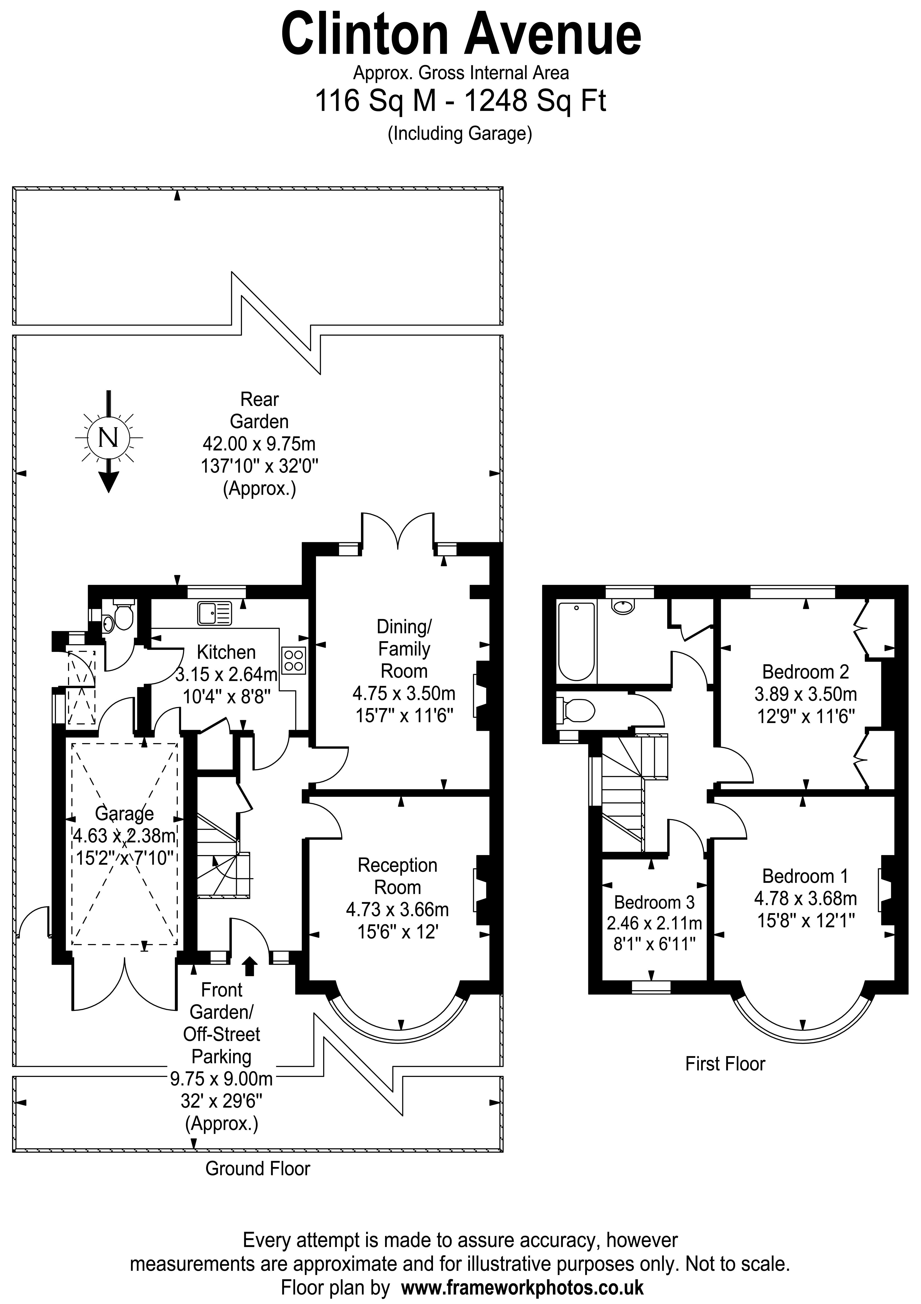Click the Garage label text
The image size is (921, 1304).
tap(124, 813)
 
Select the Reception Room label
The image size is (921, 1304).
tap(397, 876)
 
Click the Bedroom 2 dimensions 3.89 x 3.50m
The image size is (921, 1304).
tap(805, 694)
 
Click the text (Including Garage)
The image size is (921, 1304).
tap(460, 133)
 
